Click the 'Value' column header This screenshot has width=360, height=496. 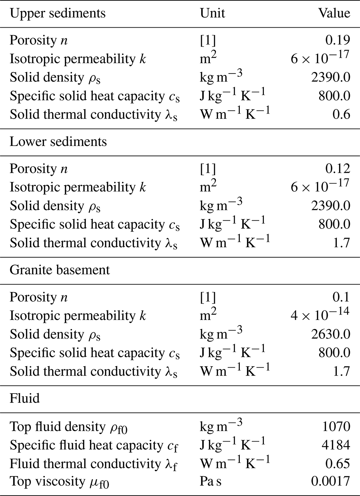[334, 13]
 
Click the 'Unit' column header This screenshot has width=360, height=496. [212, 13]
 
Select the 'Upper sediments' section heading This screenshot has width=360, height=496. [57, 13]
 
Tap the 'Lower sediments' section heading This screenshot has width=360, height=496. [58, 142]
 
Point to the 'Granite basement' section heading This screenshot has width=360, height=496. [60, 270]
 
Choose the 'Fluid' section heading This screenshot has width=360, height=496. [24, 398]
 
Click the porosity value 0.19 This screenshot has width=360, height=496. [337, 40]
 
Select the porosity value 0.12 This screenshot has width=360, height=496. [337, 168]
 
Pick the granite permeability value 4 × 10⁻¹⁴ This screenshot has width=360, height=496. [320, 314]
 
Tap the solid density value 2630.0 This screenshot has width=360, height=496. [331, 334]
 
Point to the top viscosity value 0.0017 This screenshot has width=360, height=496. [330, 481]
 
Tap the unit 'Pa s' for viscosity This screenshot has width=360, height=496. [210, 481]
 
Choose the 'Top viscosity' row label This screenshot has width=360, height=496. [59, 482]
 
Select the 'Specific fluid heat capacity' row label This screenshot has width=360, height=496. [94, 446]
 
